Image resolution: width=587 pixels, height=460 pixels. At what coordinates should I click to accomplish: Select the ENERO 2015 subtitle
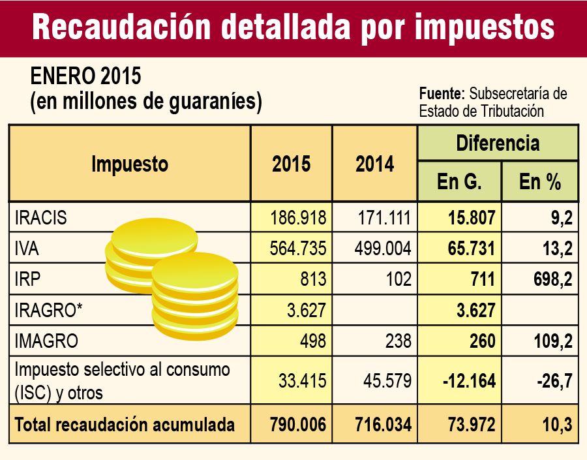(86, 76)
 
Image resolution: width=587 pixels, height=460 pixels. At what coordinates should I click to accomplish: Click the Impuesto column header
(130, 164)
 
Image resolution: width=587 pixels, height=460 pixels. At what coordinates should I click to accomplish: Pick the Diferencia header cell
(497, 143)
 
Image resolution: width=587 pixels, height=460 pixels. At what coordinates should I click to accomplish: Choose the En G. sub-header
(459, 182)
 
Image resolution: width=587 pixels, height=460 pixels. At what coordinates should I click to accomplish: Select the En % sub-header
(540, 182)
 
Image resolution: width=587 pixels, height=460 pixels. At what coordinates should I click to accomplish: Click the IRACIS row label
(40, 218)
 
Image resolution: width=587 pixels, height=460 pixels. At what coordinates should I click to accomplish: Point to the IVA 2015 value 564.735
(298, 249)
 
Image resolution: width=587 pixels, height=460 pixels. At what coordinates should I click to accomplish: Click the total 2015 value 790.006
(297, 425)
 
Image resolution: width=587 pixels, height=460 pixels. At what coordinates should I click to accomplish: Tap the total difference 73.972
(467, 425)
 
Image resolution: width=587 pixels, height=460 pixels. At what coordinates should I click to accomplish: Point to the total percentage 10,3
(556, 425)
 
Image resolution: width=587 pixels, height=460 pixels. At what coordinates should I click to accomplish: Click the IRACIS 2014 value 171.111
(381, 218)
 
